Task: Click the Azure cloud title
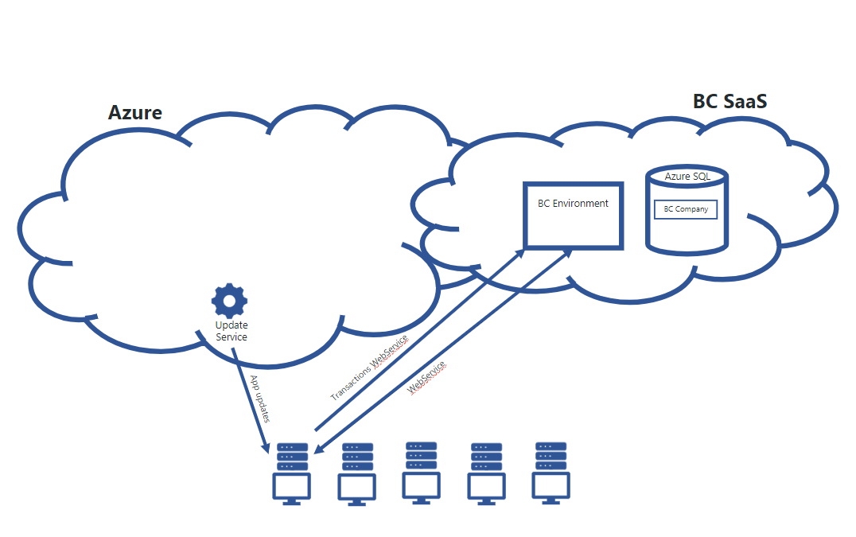(x=134, y=112)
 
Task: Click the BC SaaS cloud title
(x=730, y=101)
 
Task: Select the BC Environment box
(x=573, y=215)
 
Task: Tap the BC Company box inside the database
(x=685, y=209)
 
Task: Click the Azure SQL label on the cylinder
(x=687, y=176)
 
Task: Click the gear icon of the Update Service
(x=229, y=301)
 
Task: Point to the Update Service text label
(x=232, y=331)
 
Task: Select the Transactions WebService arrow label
(x=369, y=367)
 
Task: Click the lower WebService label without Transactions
(x=427, y=378)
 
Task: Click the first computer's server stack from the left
(x=292, y=457)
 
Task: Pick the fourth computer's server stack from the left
(x=486, y=457)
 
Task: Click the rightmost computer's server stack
(x=551, y=455)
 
